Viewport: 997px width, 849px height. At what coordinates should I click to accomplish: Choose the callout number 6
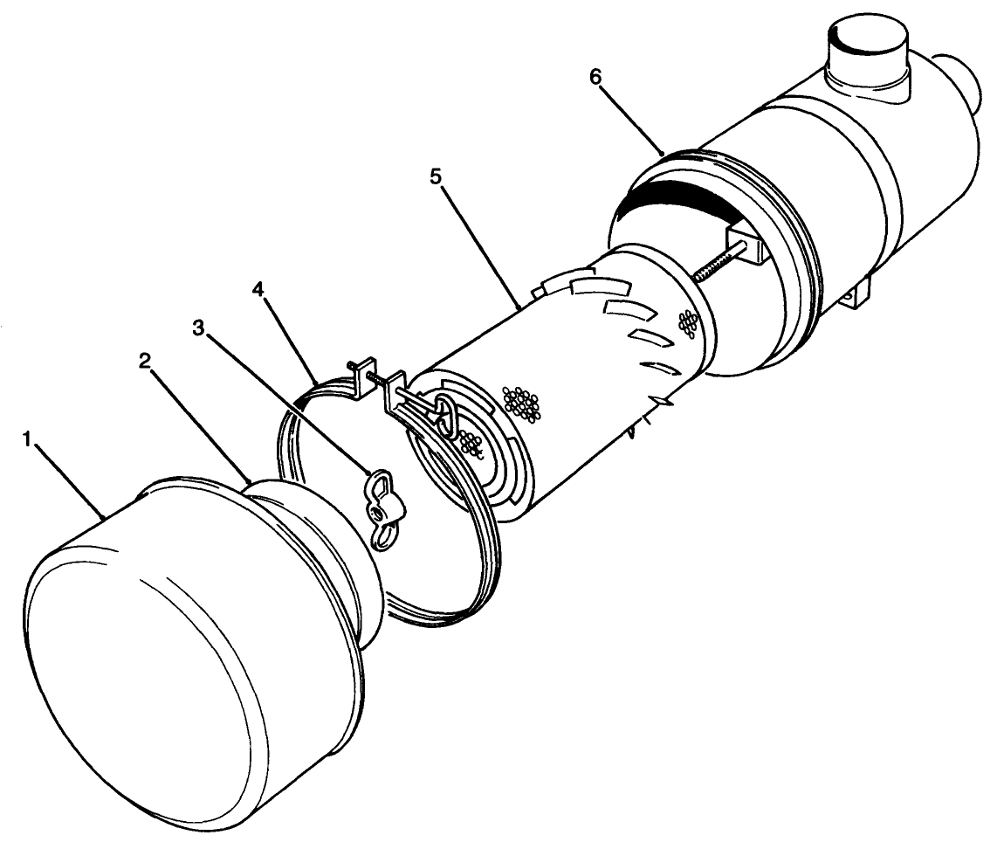click(x=595, y=77)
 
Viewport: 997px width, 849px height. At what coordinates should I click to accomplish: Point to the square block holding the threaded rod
click(x=747, y=242)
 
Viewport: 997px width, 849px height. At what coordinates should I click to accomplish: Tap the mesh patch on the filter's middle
click(x=522, y=401)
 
